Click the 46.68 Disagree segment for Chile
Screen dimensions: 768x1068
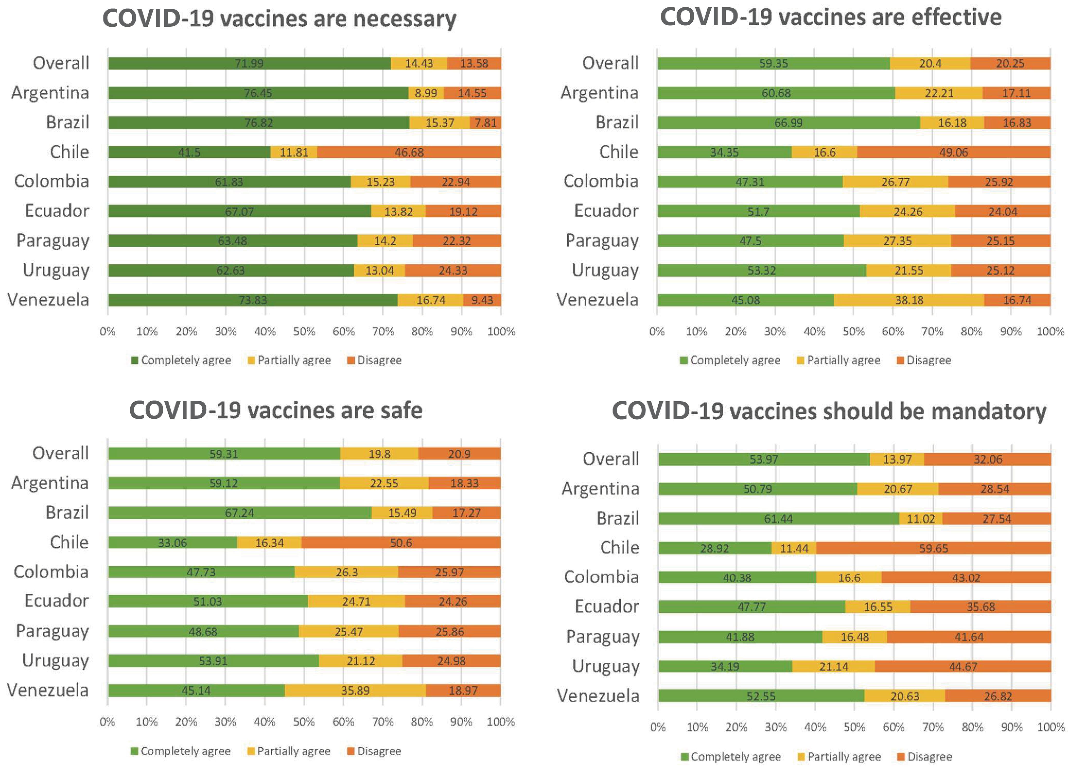coord(409,152)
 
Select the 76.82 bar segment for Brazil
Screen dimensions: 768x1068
coord(259,123)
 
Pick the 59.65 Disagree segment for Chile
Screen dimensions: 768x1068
coord(933,548)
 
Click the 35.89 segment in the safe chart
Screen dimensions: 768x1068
coord(355,690)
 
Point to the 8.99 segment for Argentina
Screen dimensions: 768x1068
coord(426,93)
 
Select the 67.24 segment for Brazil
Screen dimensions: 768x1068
coord(239,513)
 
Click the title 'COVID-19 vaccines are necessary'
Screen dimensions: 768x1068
coord(279,19)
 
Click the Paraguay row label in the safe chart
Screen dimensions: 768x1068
coord(52,631)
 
